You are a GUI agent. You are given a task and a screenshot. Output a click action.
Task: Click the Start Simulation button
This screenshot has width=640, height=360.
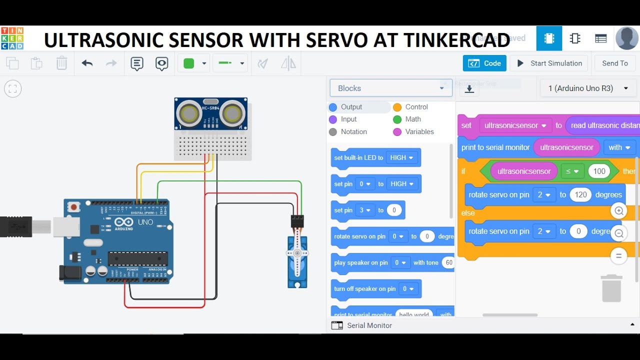[549, 63]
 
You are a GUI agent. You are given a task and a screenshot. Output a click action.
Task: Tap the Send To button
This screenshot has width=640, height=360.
[614, 63]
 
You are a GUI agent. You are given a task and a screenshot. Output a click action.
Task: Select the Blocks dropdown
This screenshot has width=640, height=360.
[391, 88]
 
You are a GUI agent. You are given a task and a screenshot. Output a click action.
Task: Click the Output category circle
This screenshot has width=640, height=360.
[333, 107]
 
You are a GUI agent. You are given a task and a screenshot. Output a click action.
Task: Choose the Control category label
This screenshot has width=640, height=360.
[416, 107]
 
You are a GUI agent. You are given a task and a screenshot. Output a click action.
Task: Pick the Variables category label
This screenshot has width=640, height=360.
[419, 132]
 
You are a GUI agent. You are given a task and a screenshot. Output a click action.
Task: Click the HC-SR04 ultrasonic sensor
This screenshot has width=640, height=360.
[210, 113]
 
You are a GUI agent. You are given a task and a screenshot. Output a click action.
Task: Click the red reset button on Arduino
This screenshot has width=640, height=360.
[74, 206]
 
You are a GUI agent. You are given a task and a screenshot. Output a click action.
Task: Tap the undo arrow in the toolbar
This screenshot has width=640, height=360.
[87, 63]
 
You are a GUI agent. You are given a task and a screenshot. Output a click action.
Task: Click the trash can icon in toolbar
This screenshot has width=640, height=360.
[61, 63]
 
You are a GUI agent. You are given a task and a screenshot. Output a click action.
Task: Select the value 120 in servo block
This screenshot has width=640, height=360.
[580, 195]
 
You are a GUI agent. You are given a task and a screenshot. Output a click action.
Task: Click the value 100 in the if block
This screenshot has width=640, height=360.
[599, 171]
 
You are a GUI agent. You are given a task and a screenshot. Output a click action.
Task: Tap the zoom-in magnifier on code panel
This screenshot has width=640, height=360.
[618, 210]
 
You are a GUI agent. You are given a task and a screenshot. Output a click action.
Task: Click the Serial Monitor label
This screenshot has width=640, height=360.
[369, 325]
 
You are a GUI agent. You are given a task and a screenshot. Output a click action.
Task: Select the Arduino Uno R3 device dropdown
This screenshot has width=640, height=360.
[587, 88]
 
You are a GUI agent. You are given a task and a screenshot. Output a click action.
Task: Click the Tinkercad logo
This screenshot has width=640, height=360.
[12, 38]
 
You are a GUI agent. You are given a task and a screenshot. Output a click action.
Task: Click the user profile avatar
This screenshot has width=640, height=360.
[626, 38]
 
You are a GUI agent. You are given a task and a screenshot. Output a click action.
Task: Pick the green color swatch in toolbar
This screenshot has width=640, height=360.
[189, 63]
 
